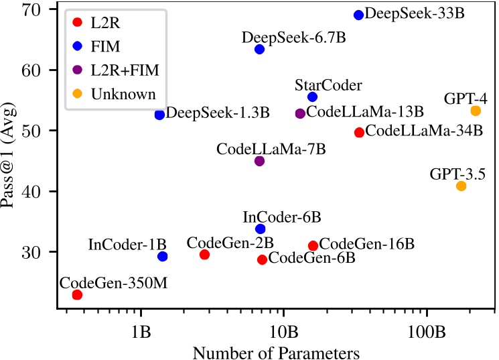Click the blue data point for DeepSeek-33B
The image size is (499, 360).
pos(358,15)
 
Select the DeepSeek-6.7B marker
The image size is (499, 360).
pos(259,50)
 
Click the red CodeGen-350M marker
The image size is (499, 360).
pos(77,295)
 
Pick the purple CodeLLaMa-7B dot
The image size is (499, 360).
pos(259,161)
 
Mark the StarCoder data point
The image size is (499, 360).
pos(312,97)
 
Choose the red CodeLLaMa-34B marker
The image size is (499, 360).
pos(359,133)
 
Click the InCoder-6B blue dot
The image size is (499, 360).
pos(260,229)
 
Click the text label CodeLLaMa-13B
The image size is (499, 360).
pos(365,112)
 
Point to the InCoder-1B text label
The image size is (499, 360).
pos(127,243)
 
